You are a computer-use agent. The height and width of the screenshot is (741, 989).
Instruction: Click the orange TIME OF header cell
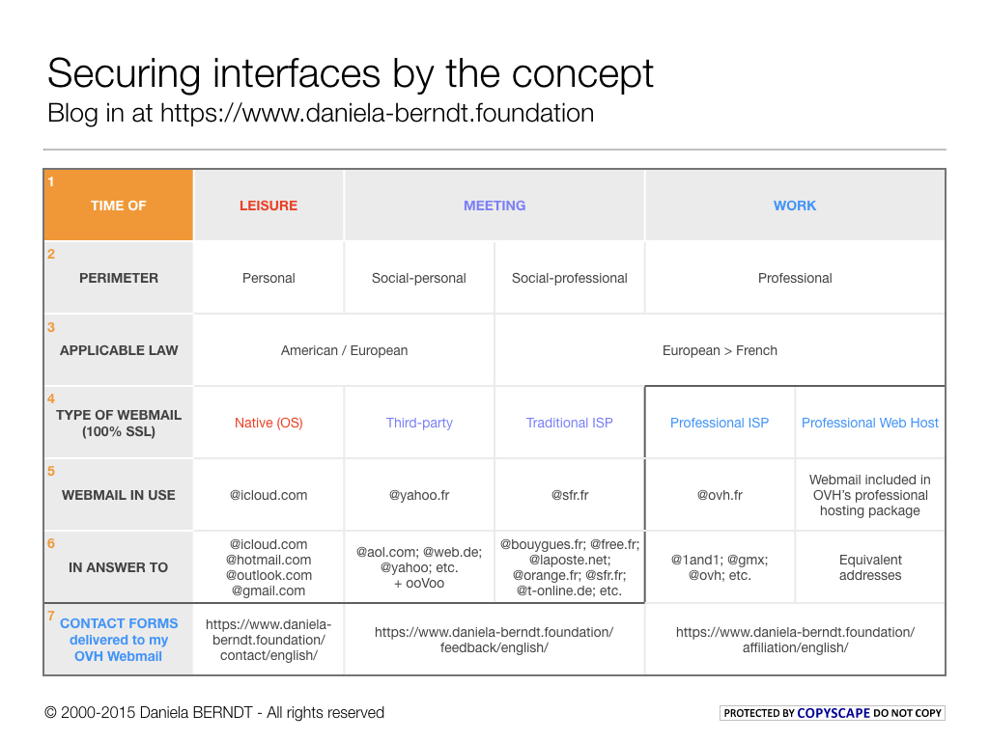coord(118,206)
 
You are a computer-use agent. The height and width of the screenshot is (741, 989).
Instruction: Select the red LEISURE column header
coord(268,206)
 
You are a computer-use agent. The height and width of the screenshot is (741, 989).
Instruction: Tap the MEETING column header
coord(494,206)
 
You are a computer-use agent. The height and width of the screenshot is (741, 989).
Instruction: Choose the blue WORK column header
coord(795,206)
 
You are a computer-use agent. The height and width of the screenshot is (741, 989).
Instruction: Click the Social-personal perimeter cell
coord(419,278)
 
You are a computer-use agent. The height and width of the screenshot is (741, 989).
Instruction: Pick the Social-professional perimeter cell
coord(570,278)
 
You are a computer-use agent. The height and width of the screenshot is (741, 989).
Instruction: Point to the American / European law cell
coord(344,350)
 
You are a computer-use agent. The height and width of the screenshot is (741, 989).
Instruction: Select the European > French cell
coord(720,350)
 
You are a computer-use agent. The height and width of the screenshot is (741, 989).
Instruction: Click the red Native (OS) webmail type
coord(268,423)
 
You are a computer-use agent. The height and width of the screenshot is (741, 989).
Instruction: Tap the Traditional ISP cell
coord(570,423)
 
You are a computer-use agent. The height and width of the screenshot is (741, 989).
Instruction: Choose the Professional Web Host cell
coord(870,423)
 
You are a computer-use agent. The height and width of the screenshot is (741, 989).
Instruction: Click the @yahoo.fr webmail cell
coord(419,495)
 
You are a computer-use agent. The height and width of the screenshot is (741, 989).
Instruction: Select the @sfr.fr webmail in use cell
coord(570,495)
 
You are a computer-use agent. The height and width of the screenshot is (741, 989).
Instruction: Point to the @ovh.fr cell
coord(720,495)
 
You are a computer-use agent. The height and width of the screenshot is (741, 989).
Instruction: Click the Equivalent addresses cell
coord(870,567)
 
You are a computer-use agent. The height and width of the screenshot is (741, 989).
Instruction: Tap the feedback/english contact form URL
coord(494,640)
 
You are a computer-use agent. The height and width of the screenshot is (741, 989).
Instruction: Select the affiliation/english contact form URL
coord(795,640)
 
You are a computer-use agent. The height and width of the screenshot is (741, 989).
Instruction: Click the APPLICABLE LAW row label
coord(119,350)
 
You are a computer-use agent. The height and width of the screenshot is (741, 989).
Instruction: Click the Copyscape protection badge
coord(833,713)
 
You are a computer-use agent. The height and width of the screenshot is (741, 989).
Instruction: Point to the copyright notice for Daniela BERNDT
coord(214,713)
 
